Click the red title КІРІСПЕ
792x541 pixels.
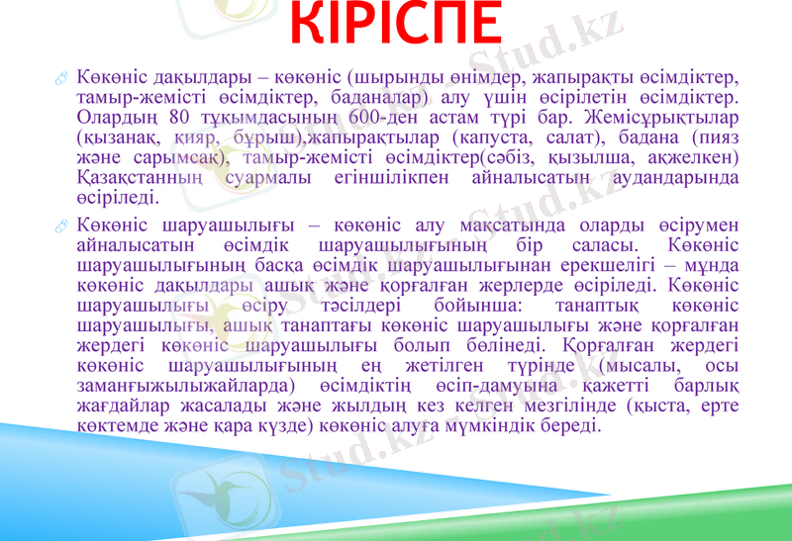(x=397, y=28)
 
